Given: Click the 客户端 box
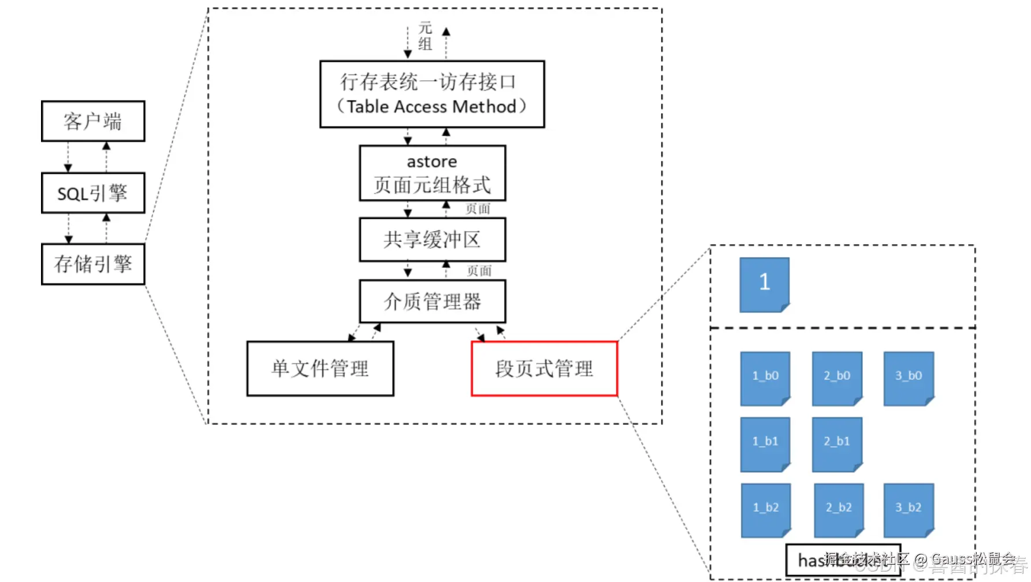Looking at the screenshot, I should tap(93, 121).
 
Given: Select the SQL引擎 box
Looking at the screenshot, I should tap(93, 193).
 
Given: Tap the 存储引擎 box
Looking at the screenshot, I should tap(93, 264).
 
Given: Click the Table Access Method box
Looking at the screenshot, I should tap(432, 94).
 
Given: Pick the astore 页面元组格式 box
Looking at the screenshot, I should tap(432, 173).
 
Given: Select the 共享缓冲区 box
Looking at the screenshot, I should tap(432, 240).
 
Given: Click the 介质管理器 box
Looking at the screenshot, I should tap(432, 301).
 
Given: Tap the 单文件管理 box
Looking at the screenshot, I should tap(320, 368).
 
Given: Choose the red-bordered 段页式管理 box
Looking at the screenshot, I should tap(544, 368).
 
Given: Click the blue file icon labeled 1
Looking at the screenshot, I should tap(764, 284).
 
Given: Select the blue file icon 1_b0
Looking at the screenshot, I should tap(765, 378).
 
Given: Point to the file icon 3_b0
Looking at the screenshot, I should tap(909, 378).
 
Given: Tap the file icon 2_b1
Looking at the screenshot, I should tap(837, 444).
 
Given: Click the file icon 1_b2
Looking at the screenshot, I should tap(766, 510).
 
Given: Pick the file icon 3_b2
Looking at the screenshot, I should tap(909, 510).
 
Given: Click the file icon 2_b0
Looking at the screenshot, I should tap(837, 378).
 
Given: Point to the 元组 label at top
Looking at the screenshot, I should tap(426, 36).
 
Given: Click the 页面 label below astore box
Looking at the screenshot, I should tap(478, 209).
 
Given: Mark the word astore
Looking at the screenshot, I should tap(432, 162).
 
